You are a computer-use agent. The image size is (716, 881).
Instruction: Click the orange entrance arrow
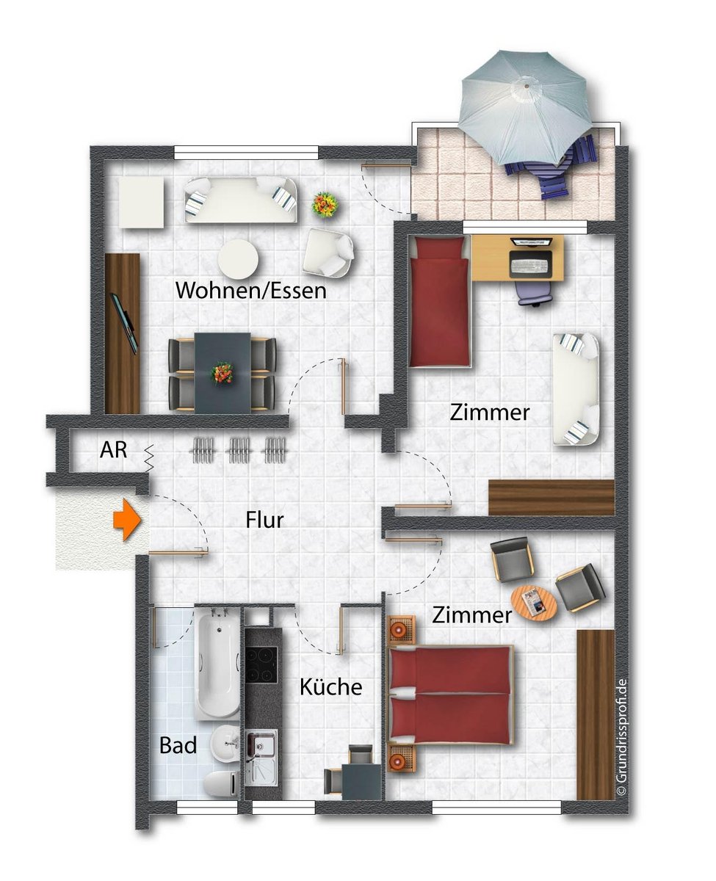(127, 520)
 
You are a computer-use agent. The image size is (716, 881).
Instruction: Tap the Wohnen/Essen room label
(251, 290)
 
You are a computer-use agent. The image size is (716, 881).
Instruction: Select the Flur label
(264, 520)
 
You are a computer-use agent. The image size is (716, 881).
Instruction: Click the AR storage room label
(113, 449)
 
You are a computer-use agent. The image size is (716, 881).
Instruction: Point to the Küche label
(330, 686)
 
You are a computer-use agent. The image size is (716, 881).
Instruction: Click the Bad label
(178, 746)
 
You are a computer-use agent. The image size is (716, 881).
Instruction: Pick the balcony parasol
(524, 107)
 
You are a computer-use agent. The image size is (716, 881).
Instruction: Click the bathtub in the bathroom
(217, 667)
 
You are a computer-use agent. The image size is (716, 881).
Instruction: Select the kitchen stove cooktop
(261, 664)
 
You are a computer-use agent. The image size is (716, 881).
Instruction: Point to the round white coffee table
(238, 259)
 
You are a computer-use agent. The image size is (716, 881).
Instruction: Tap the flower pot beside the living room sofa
(325, 205)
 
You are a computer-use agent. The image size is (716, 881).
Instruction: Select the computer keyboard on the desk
(529, 267)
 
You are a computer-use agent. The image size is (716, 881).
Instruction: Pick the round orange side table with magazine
(534, 602)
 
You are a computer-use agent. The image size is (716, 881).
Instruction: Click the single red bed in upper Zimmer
(440, 301)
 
